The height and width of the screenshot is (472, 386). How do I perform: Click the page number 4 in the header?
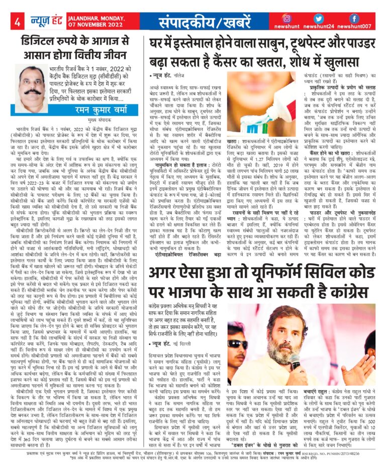click(18, 22)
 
